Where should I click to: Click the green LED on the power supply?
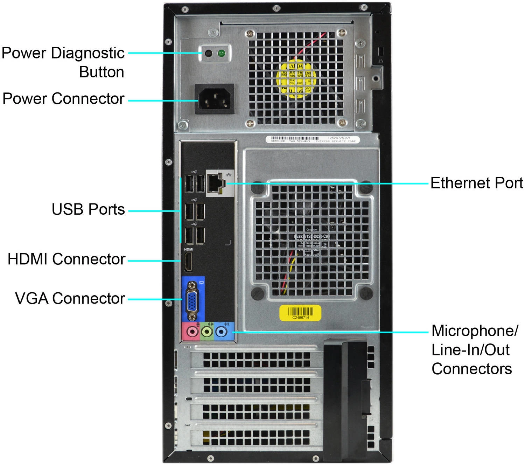click(x=221, y=53)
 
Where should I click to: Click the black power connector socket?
click(x=215, y=99)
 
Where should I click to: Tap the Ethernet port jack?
click(x=215, y=183)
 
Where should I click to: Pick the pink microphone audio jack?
click(x=191, y=331)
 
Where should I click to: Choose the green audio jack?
click(x=207, y=332)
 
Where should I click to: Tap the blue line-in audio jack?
click(x=221, y=332)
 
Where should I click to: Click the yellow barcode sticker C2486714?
click(x=300, y=313)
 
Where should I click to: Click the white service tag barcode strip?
click(x=313, y=139)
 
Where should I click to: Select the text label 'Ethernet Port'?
click(x=476, y=183)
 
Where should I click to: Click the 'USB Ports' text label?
click(x=88, y=209)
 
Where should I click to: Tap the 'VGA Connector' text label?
click(x=70, y=298)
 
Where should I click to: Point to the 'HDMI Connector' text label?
click(x=66, y=259)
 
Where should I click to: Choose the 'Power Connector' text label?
click(x=63, y=99)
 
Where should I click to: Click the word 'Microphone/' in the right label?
click(x=474, y=331)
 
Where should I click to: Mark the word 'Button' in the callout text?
click(x=101, y=72)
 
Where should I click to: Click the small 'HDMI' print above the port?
click(x=189, y=249)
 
